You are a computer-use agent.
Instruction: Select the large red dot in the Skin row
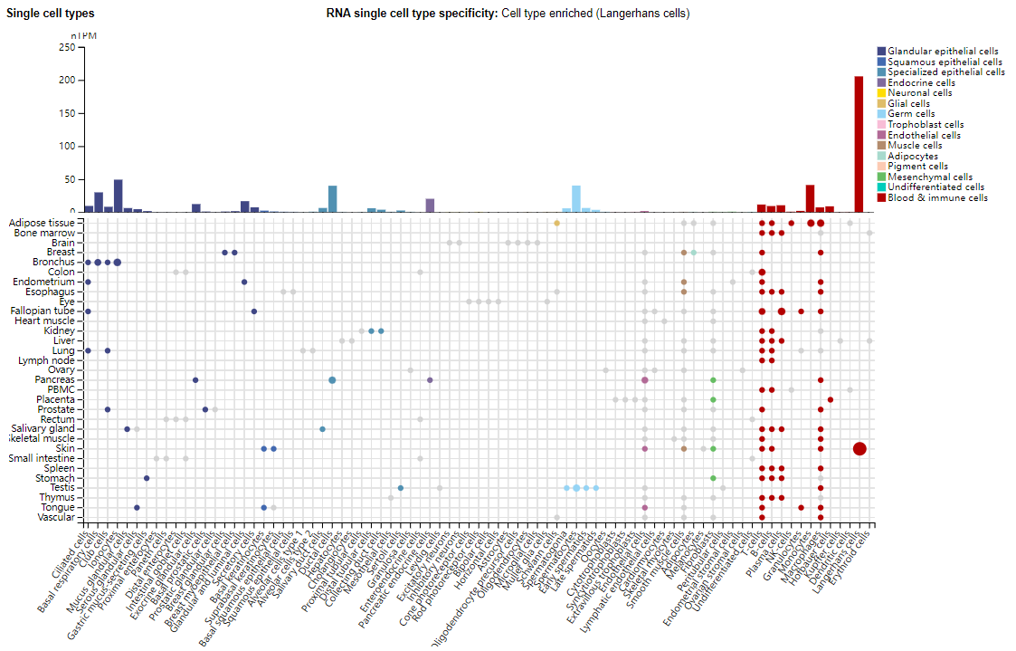859,448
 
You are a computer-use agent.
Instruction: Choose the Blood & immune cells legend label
937,197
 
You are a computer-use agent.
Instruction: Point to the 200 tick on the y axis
67,81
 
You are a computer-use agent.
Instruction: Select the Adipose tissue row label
42,223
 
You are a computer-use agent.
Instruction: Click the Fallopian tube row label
44,311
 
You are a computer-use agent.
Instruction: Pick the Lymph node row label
47,359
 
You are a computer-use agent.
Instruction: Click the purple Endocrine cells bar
430,206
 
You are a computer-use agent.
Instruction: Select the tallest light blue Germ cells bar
576,198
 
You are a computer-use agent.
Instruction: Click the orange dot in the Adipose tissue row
556,223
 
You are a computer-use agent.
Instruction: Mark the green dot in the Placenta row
713,399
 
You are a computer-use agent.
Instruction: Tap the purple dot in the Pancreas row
430,380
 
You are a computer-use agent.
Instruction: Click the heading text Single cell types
51,14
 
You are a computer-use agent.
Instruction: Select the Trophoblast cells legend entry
932,124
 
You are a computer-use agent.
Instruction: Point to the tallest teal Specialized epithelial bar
332,198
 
